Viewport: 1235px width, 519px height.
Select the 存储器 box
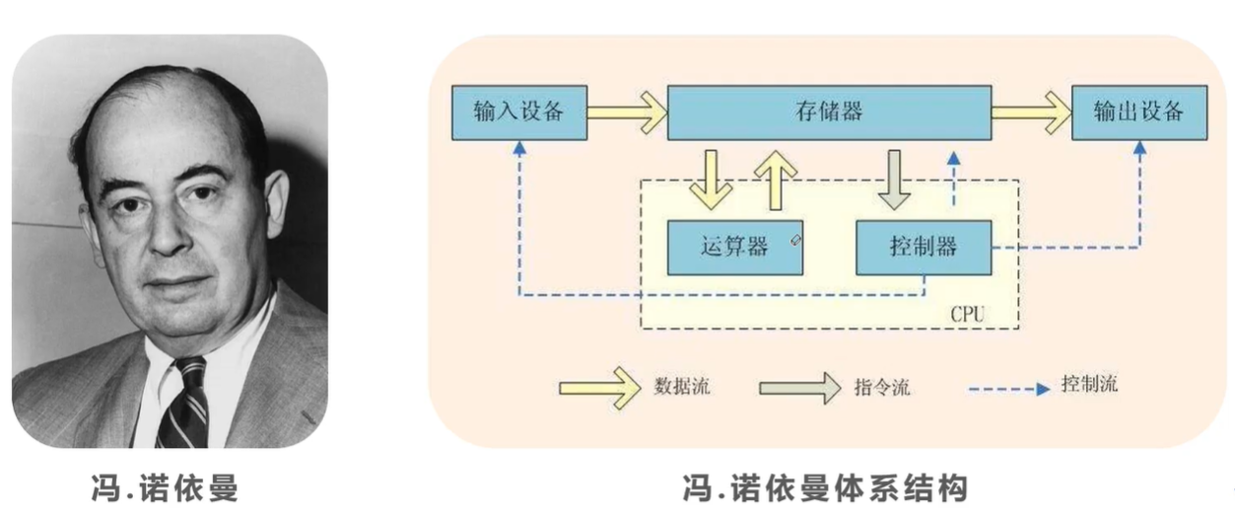(829, 111)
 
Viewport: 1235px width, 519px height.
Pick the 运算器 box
(734, 247)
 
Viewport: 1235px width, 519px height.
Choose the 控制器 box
(923, 247)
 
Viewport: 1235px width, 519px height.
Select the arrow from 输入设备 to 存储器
(628, 111)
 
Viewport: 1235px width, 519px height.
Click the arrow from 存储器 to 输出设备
(1031, 111)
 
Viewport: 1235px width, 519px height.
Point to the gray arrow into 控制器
(894, 180)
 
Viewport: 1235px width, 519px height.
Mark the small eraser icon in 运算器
(795, 239)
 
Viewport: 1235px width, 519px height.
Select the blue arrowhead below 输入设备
(518, 146)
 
